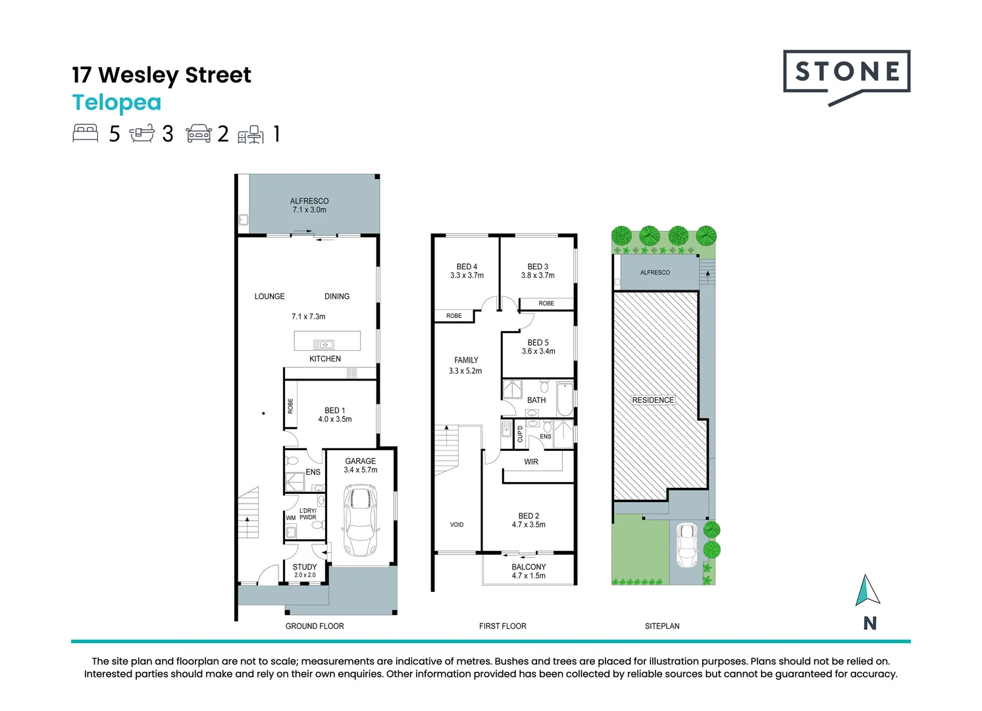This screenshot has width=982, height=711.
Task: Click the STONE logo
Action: tap(846, 74)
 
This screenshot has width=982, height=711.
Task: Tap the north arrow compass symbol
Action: tap(867, 591)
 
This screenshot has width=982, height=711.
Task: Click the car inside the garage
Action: tap(360, 520)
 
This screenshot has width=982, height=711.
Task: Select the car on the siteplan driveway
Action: tap(686, 546)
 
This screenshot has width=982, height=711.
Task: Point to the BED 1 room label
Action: tap(334, 410)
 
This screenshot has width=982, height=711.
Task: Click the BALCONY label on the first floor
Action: tap(529, 567)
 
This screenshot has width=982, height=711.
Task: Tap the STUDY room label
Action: tap(305, 567)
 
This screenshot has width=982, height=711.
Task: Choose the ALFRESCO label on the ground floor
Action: tap(309, 201)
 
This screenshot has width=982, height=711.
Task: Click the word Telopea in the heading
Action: tap(116, 103)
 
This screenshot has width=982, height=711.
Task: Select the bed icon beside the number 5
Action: tap(86, 133)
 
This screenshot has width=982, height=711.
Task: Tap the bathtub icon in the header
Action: tap(142, 134)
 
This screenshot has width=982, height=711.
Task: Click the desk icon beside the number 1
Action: tap(251, 134)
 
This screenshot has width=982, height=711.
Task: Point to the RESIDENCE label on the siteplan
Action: tap(653, 400)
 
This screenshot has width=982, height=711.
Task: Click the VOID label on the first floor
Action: tap(457, 525)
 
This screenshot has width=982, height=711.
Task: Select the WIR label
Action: tap(531, 462)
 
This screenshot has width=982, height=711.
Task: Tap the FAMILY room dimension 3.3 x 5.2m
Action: tap(465, 371)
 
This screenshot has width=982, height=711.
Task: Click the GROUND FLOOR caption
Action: tap(315, 626)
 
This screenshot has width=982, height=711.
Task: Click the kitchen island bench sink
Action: tap(323, 344)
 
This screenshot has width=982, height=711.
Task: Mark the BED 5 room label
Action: tap(538, 342)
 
